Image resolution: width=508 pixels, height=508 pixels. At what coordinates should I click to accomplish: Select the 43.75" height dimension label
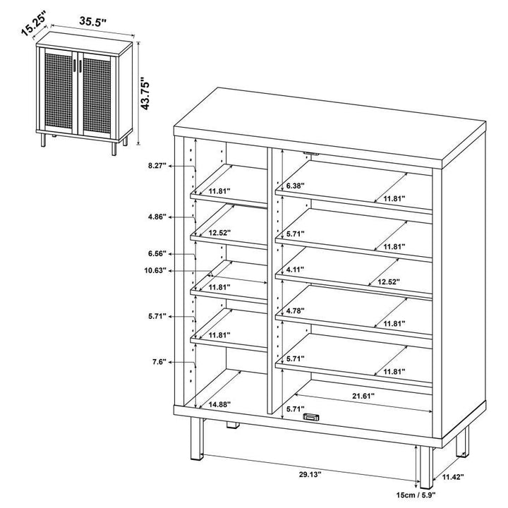click(147, 94)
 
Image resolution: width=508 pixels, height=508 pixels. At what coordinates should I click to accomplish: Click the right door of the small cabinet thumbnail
click(99, 92)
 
